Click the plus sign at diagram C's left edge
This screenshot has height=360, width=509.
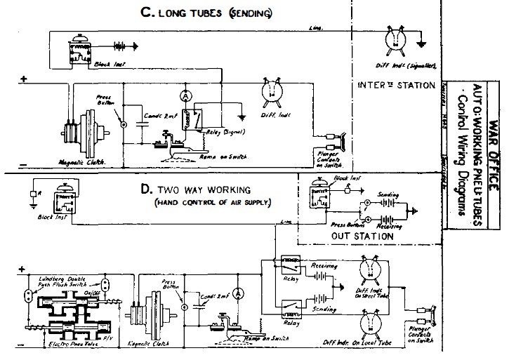point(24,79)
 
